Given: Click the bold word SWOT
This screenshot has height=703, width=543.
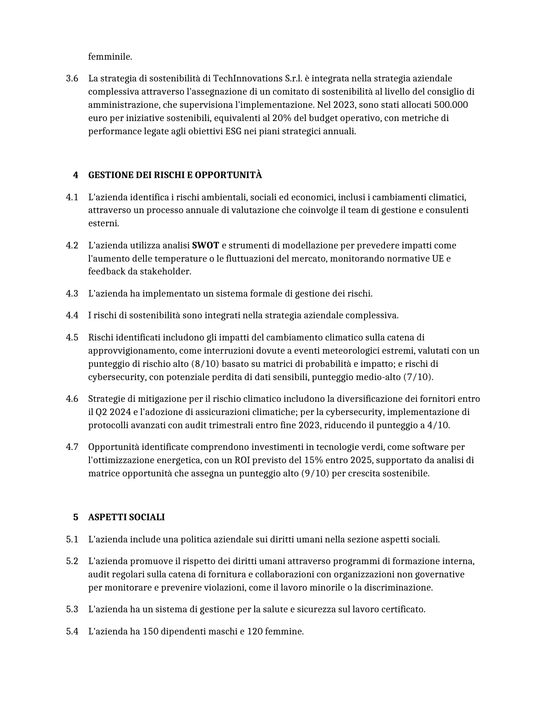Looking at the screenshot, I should click(205, 245).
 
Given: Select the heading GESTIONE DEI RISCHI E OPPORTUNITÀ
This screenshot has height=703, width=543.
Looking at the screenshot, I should click(175, 175).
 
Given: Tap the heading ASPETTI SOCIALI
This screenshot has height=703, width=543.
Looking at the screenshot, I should click(126, 517).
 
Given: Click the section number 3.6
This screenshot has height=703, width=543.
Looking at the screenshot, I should click(72, 78).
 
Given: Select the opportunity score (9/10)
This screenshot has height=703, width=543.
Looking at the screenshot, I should click(315, 473).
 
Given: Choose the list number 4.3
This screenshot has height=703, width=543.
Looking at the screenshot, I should click(72, 294).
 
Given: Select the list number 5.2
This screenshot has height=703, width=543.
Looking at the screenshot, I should click(72, 561).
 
